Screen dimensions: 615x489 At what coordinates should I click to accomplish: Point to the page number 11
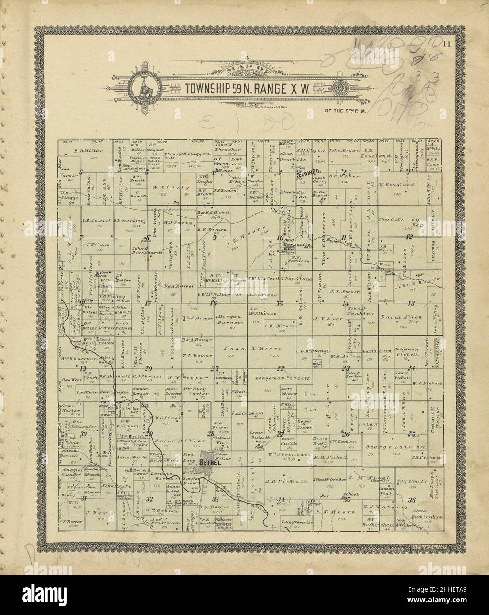tap(447, 43)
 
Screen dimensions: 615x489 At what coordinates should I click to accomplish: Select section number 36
tap(412, 500)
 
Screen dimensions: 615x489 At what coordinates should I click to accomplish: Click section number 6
tap(81, 173)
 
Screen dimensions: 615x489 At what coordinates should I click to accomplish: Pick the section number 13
tap(411, 303)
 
